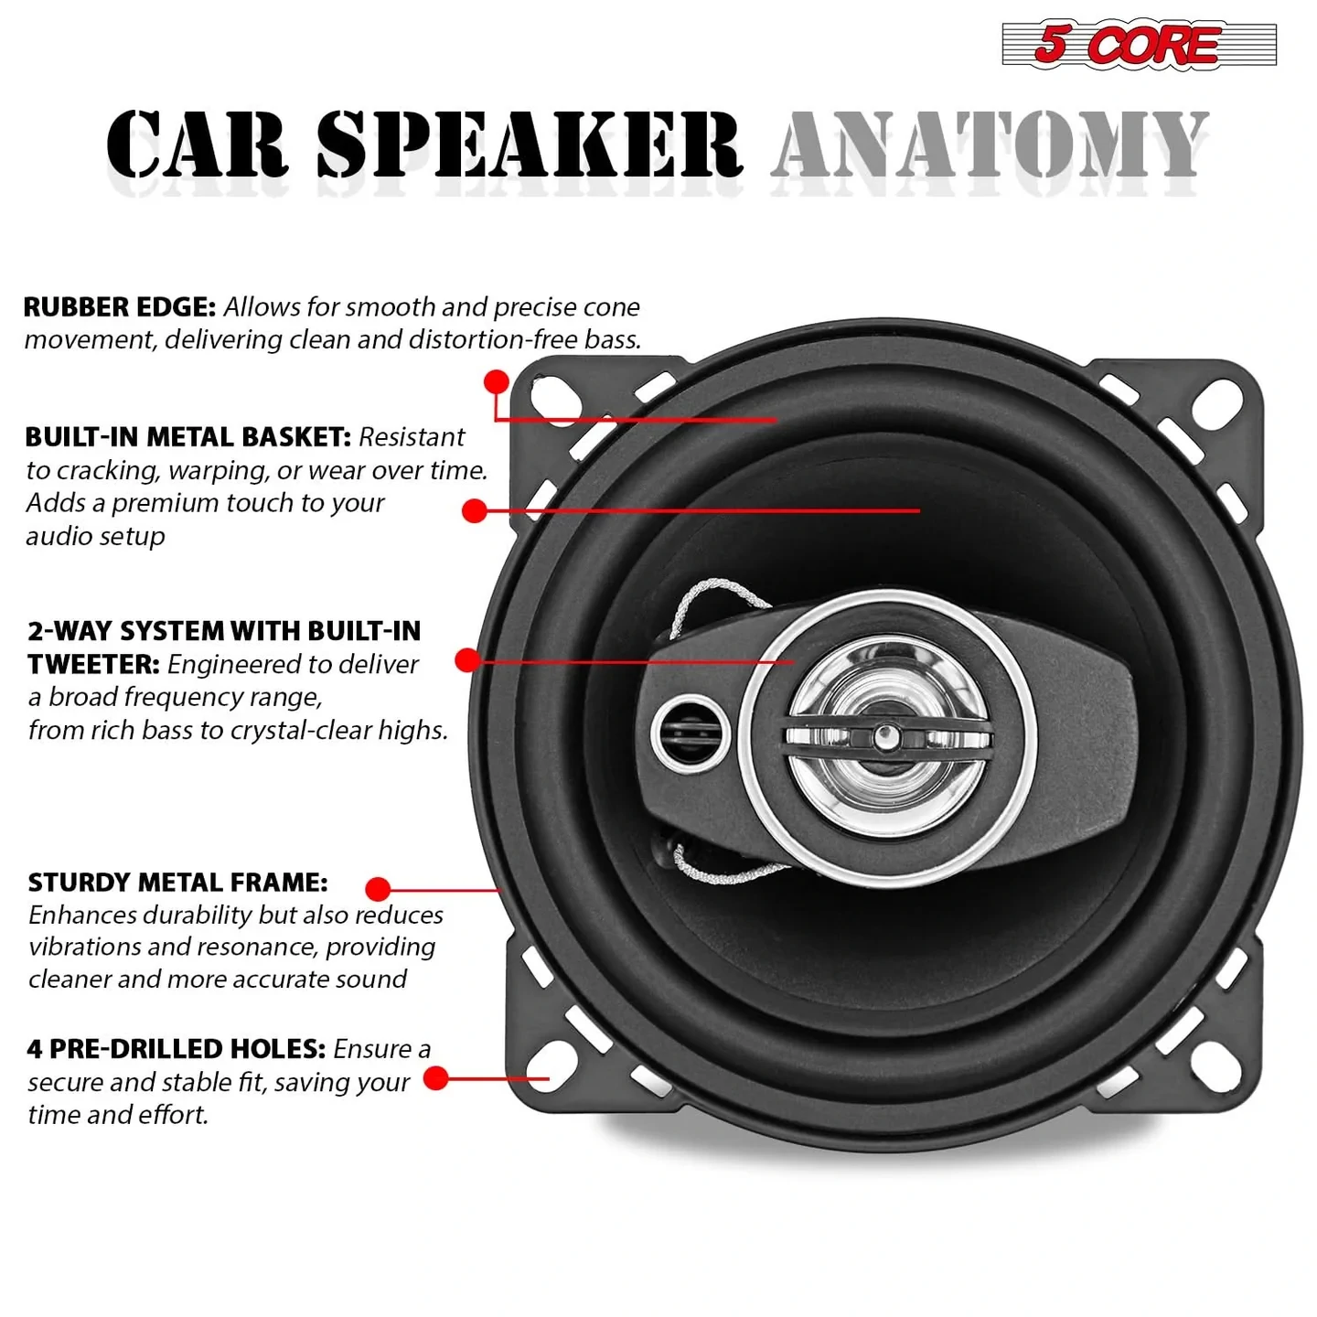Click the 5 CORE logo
click(x=1139, y=44)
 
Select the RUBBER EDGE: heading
click(x=119, y=307)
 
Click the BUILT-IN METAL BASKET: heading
click(x=187, y=437)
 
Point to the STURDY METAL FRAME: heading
click(x=177, y=883)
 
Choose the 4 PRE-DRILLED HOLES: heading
click(x=176, y=1049)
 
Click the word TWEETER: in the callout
click(x=93, y=664)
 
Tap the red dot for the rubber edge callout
click(x=497, y=381)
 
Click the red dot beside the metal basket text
click(x=475, y=510)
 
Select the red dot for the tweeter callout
click(x=468, y=659)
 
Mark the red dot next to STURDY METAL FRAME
click(x=378, y=888)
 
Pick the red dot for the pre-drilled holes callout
click(x=436, y=1078)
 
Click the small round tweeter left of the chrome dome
click(x=691, y=732)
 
